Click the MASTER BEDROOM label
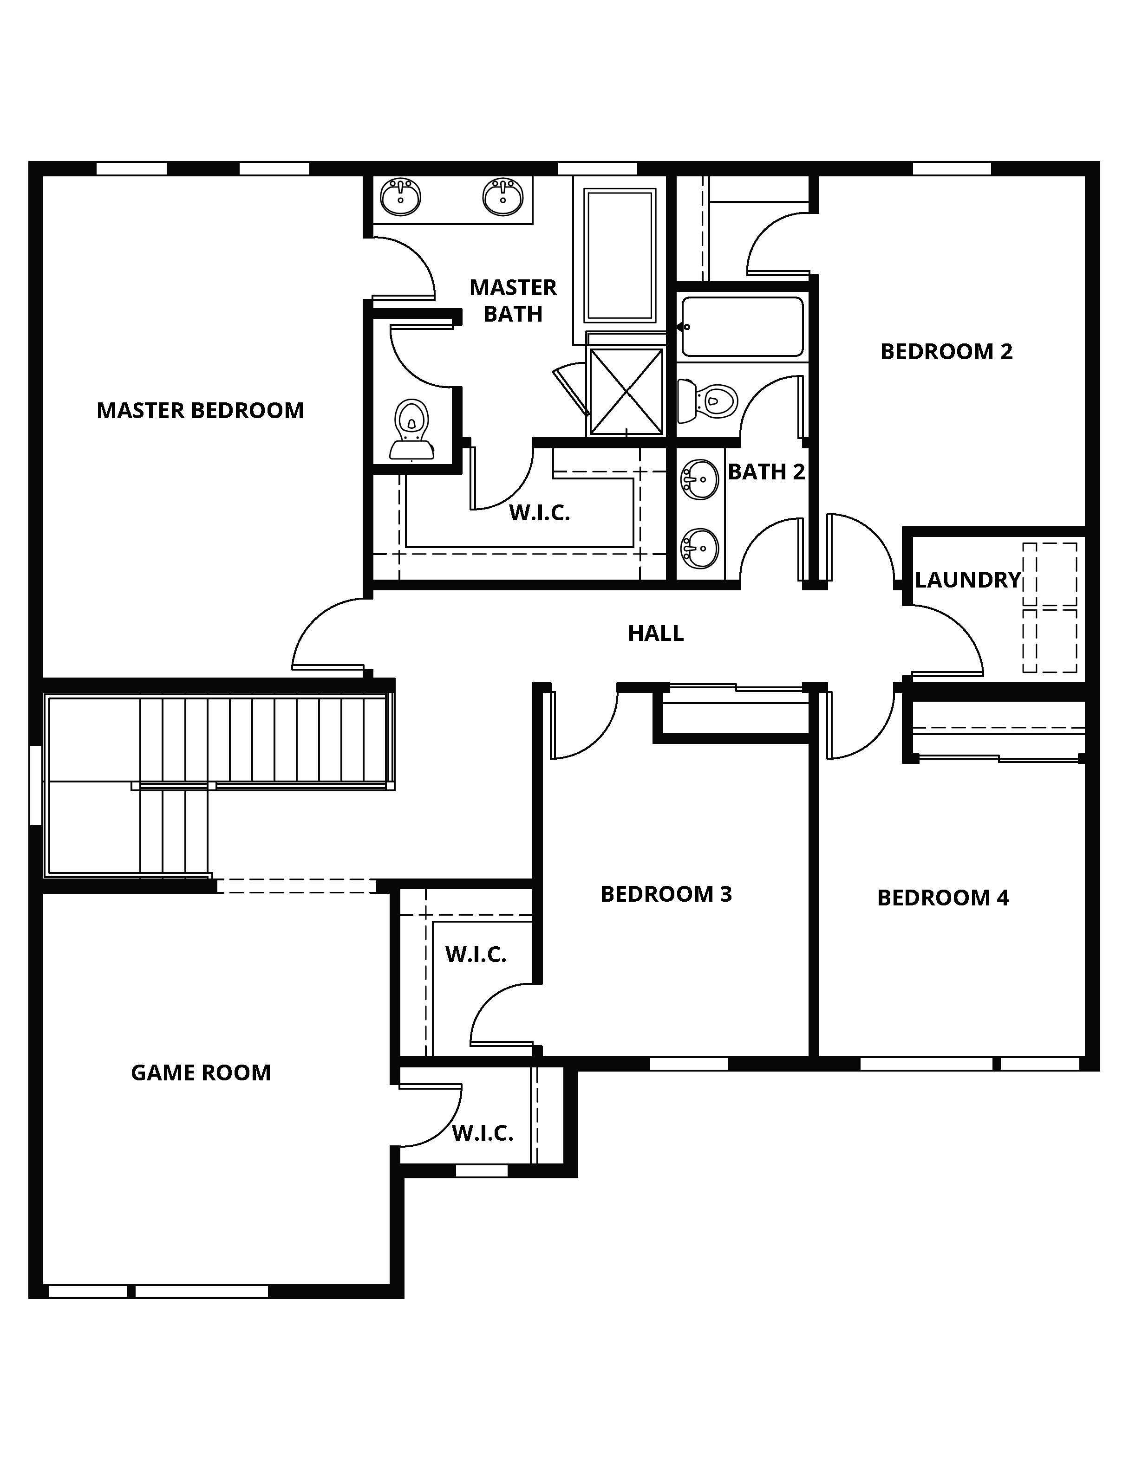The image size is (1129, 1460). point(200,410)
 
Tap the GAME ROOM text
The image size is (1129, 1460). point(201,1073)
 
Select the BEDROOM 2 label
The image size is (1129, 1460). point(946,352)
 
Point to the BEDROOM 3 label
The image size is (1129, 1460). point(666,894)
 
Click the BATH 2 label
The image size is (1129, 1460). point(766,472)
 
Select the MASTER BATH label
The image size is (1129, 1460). point(513,301)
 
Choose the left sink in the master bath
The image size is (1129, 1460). point(401,197)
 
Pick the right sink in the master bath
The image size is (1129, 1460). point(503,197)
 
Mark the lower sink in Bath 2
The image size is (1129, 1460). point(699,548)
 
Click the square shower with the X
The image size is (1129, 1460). point(626,392)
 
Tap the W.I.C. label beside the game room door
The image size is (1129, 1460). point(482,1133)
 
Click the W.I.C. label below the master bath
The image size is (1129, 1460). point(539,513)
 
